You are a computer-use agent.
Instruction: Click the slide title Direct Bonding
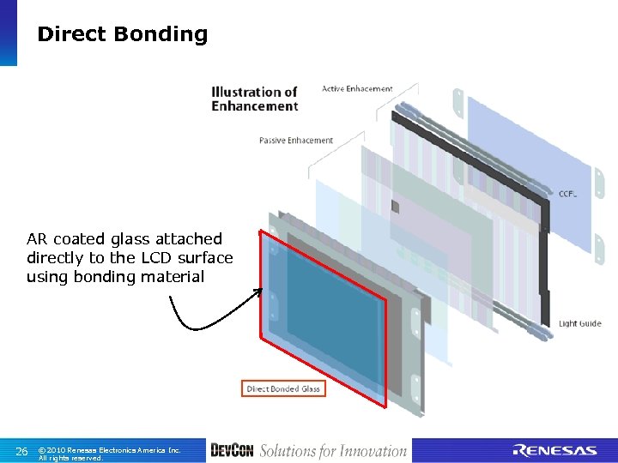[122, 34]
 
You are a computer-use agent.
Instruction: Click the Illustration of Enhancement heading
[254, 99]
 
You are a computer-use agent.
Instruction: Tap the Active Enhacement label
[357, 88]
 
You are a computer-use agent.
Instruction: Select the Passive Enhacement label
[296, 141]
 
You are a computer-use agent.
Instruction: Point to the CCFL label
[567, 194]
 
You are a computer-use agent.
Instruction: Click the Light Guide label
[580, 323]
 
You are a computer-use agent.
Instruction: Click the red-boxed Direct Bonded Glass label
[283, 389]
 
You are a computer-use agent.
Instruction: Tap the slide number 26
[22, 451]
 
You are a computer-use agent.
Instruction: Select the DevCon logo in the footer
[232, 451]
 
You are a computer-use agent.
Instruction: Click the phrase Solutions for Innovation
[333, 451]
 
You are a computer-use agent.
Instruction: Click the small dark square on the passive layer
[396, 207]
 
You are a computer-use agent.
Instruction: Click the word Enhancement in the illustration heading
[255, 106]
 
